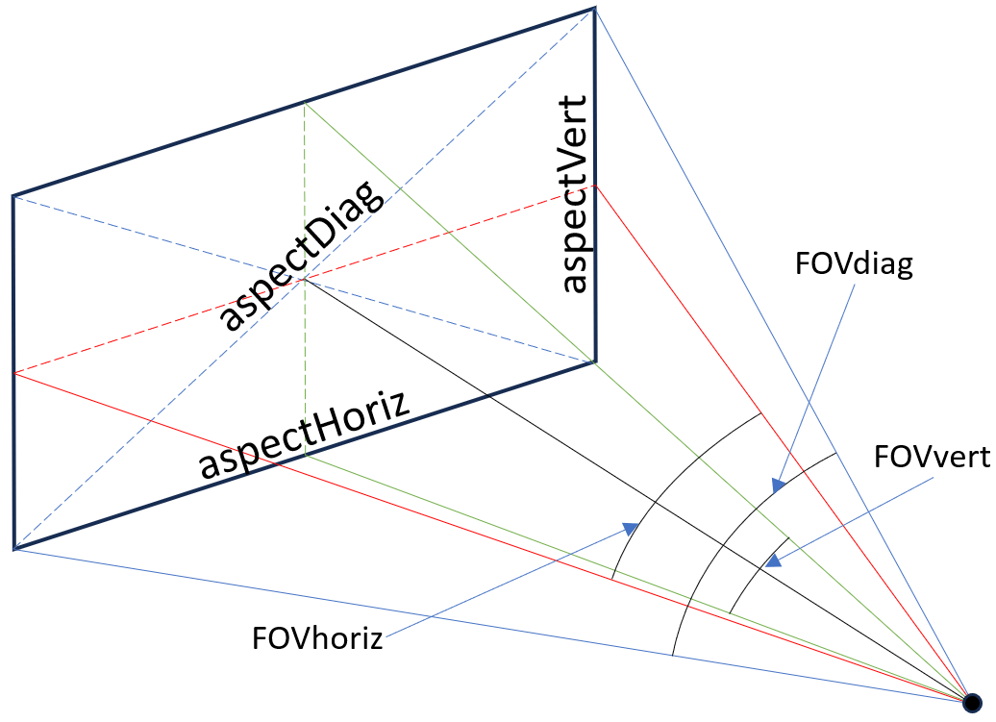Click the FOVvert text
click(932, 456)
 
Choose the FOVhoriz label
click(317, 637)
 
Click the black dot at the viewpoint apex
click(972, 701)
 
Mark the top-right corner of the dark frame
click(594, 9)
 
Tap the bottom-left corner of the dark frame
click(13, 549)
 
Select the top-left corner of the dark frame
click(13, 196)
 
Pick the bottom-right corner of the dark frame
click(594, 361)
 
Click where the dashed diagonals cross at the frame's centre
click(304, 280)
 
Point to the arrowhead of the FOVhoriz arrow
click(634, 525)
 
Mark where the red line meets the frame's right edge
click(594, 186)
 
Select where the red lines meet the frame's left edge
click(13, 373)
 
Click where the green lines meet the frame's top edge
click(304, 102)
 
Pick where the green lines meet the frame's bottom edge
click(304, 456)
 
